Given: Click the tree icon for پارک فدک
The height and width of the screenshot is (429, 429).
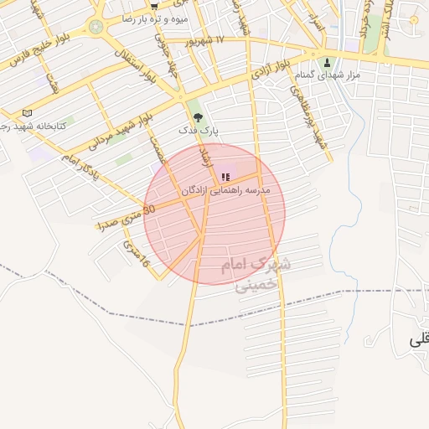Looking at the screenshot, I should coord(197,118).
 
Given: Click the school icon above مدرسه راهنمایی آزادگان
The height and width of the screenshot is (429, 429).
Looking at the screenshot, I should coord(225,177).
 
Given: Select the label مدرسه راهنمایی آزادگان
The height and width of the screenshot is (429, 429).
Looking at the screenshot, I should coord(225,191).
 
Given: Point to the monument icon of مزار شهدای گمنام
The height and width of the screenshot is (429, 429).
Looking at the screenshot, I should coord(328,63).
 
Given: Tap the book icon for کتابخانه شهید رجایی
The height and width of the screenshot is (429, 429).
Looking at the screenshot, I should coord(27,113).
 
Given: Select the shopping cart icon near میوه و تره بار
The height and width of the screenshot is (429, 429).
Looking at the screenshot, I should coord(154,5).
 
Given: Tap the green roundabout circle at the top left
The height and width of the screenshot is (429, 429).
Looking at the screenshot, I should coord(96,27).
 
